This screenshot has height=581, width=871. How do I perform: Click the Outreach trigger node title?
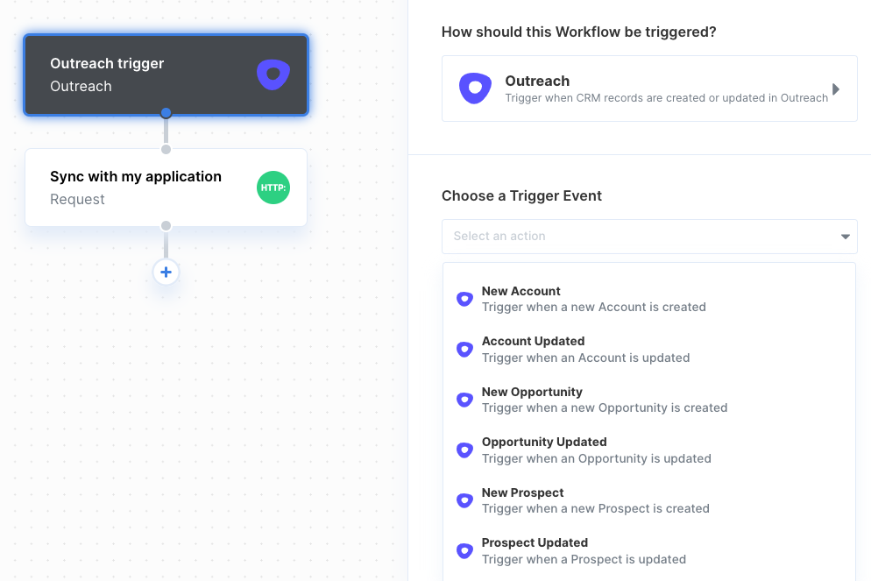(107, 64)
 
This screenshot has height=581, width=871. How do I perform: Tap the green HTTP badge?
(273, 188)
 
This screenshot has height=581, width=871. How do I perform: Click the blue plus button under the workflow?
(166, 273)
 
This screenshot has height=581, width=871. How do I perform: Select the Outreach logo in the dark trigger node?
(273, 74)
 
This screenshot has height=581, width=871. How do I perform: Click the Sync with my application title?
(136, 177)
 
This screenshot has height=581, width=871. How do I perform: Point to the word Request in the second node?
(77, 200)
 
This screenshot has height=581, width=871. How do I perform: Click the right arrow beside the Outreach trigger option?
(835, 89)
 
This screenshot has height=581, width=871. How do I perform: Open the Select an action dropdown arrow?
(845, 237)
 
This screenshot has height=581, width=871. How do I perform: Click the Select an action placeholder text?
(499, 236)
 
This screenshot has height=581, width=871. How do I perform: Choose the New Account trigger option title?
(521, 291)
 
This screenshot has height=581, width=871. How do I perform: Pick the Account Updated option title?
(534, 341)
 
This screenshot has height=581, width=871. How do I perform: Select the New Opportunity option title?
(532, 392)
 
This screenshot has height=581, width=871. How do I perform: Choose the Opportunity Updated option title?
(544, 443)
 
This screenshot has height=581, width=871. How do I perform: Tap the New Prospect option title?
(523, 492)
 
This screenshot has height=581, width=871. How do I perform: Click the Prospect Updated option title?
(535, 542)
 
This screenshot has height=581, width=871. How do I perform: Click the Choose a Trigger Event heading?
(521, 196)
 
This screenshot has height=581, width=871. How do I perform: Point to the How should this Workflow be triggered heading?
(579, 32)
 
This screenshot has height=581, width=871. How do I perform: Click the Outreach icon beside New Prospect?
(464, 500)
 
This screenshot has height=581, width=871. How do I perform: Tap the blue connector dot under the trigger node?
(166, 113)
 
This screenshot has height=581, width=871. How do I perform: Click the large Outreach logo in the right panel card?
(475, 89)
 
